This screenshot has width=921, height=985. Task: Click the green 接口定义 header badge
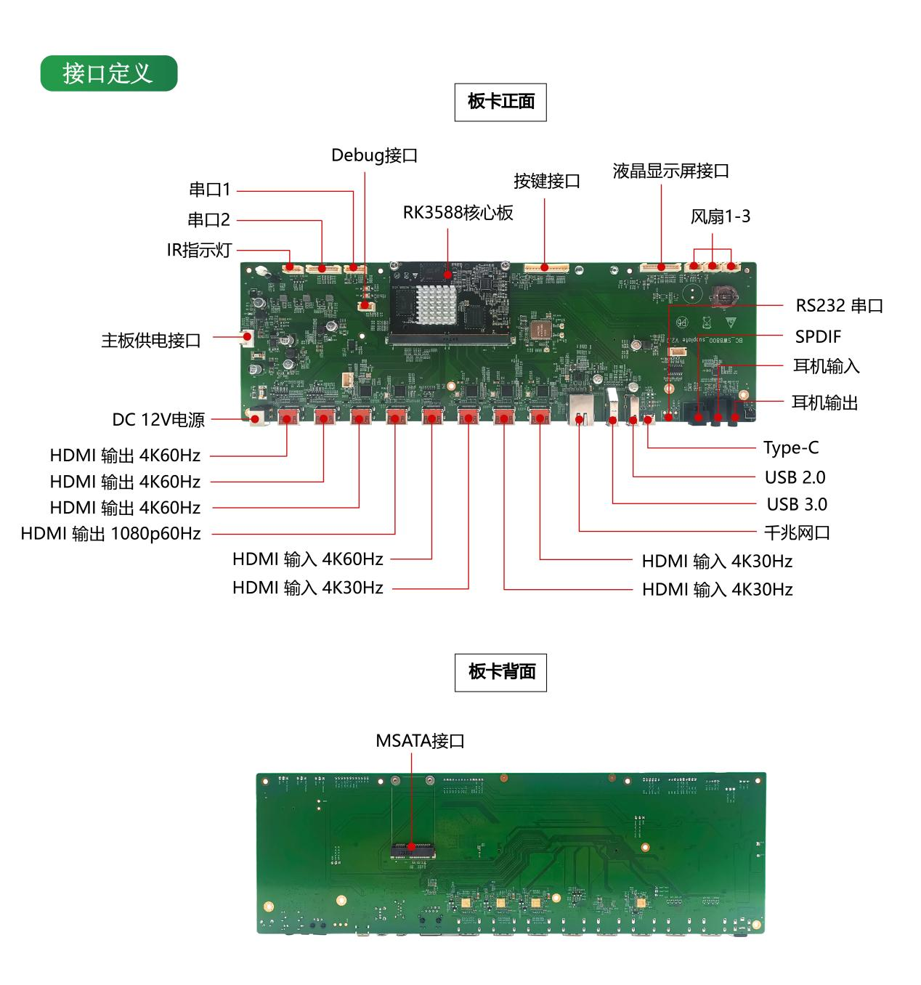tap(108, 73)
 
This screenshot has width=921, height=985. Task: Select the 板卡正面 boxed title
tap(500, 102)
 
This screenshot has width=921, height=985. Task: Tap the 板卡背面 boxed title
tap(500, 672)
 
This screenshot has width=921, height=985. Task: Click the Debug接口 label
tap(374, 155)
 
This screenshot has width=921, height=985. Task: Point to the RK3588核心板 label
tap(458, 213)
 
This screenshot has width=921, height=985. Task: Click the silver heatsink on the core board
tap(434, 304)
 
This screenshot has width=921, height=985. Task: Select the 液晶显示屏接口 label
tap(670, 171)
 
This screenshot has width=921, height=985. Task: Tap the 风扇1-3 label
tap(720, 216)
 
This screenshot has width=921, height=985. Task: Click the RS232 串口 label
tap(839, 306)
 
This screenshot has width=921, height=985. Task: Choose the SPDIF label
tap(818, 336)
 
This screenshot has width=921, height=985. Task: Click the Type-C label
tap(791, 448)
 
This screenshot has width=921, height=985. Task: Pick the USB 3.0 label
tap(796, 504)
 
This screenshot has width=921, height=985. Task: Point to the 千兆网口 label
tap(797, 532)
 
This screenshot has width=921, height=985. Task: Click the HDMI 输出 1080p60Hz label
tap(110, 534)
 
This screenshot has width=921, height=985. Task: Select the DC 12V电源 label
tap(158, 420)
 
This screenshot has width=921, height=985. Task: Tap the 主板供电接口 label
tap(151, 341)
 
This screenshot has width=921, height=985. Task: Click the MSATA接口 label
tap(420, 741)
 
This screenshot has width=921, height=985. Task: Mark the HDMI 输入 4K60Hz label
tap(307, 559)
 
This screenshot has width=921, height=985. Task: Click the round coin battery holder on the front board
tap(722, 293)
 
